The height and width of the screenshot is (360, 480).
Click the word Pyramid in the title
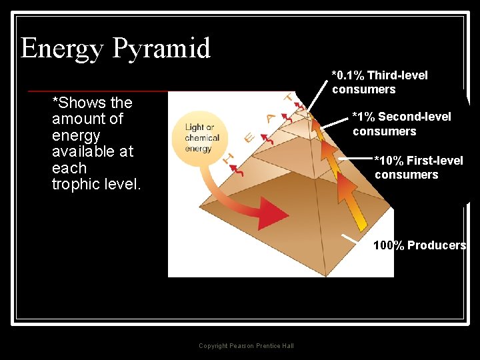tap(161, 49)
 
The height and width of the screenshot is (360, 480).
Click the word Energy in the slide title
tap(62, 49)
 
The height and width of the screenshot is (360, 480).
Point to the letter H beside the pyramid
tap(227, 159)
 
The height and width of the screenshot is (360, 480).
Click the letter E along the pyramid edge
tap(249, 137)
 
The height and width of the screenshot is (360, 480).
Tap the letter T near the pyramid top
tap(289, 98)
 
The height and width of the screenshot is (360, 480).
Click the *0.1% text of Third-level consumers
tap(347, 75)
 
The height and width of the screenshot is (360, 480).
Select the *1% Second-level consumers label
tap(401, 124)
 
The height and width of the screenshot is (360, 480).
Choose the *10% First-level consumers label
tap(418, 167)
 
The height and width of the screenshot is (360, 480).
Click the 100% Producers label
tap(419, 245)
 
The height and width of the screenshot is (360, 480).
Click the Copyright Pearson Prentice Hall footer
tap(246, 345)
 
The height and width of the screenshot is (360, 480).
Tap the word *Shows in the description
tap(74, 103)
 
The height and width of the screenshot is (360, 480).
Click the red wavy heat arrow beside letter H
tap(238, 169)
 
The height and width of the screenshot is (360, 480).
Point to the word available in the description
tap(80, 151)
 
